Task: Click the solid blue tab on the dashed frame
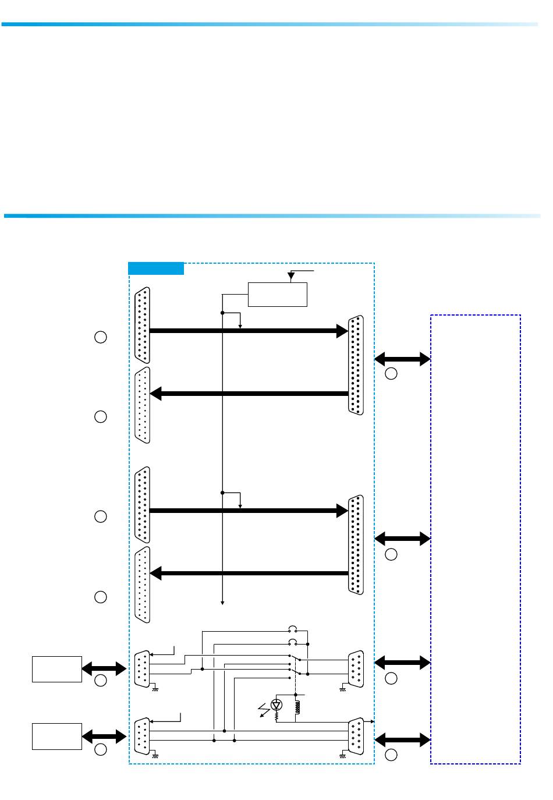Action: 156,268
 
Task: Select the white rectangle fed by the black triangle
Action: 278,294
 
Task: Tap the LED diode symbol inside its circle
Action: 277,705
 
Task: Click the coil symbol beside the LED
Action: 297,706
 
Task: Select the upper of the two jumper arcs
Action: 293,629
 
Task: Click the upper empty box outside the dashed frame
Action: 57,669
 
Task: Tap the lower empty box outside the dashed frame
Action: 57,737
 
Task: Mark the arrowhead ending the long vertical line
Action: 223,603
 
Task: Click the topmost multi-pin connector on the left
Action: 143,325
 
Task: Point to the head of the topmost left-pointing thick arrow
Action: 156,394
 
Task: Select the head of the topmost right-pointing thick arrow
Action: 342,331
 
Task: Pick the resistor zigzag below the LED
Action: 277,714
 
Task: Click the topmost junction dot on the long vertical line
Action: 223,313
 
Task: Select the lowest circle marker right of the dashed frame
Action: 391,755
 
